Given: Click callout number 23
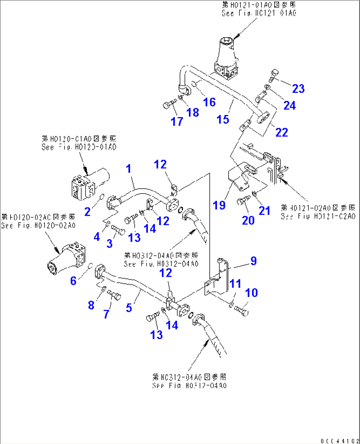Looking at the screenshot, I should point(298,89).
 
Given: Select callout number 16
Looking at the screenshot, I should point(209,102).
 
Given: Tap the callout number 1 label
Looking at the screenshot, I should point(129,169).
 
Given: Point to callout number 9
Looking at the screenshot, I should point(253,261).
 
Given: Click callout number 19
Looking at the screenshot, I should point(219,205).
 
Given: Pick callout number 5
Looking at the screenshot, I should point(129,308).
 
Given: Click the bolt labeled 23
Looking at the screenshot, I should point(274,75).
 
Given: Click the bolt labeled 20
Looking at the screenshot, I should point(244,200).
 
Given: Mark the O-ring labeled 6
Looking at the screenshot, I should point(90,266).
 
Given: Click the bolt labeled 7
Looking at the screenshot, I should point(115,294).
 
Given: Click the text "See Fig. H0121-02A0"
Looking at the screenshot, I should point(318,216).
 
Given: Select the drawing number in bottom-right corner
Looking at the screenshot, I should point(340,441).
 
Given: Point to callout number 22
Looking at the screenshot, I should point(281,132).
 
